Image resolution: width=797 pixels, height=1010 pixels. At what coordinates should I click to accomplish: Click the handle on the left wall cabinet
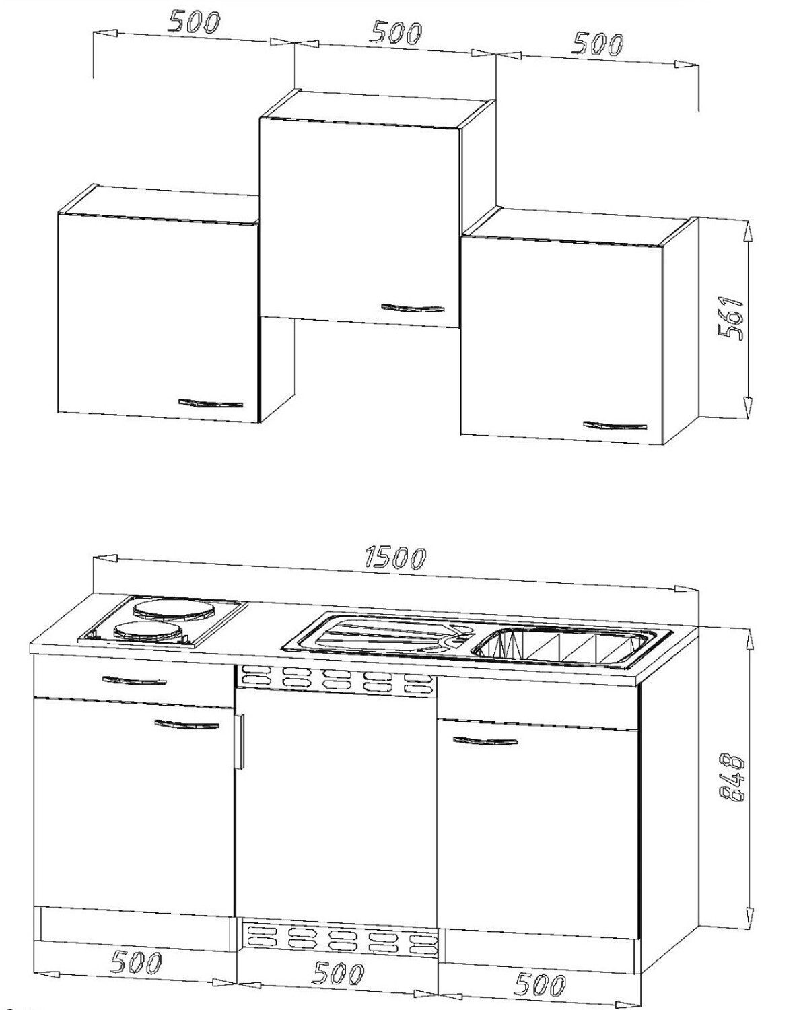click(211, 403)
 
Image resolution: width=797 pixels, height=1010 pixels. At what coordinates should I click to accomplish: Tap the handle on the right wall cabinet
click(615, 425)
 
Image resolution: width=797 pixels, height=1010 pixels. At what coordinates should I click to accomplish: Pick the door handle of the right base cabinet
click(485, 741)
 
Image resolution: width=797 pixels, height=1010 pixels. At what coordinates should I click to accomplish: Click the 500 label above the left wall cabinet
click(194, 22)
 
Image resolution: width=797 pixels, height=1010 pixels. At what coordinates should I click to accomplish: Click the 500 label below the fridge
click(339, 974)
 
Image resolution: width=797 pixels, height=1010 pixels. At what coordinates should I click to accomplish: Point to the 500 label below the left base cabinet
click(136, 962)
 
